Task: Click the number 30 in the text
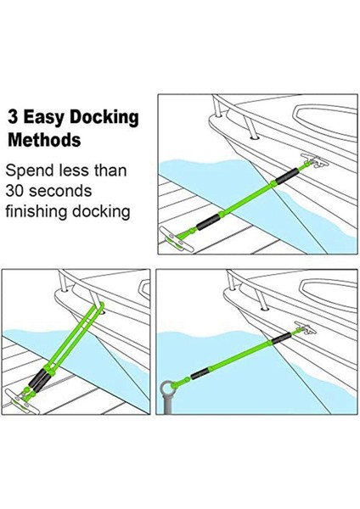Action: click(x=18, y=191)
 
